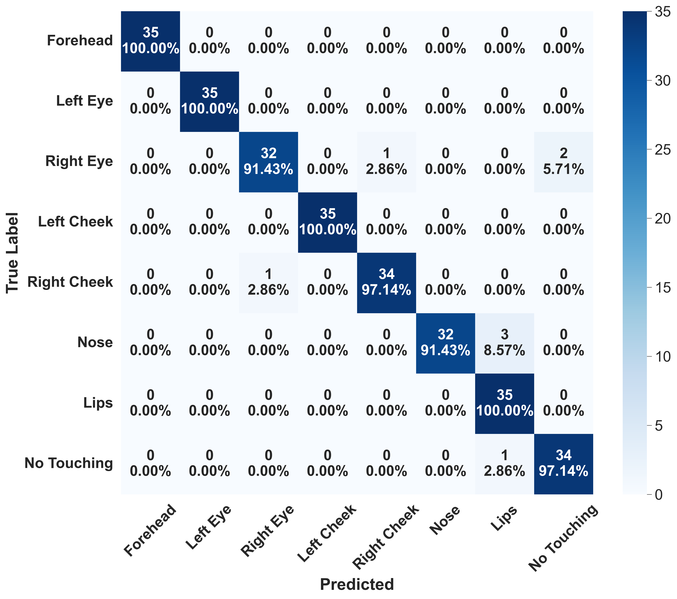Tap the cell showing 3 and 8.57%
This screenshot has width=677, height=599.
[x=505, y=343]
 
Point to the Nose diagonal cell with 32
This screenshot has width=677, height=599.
[x=445, y=343]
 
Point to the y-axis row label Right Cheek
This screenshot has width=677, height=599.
[x=70, y=282]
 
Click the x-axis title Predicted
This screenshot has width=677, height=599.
[x=357, y=584]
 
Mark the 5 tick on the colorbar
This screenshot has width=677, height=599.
[x=659, y=425]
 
